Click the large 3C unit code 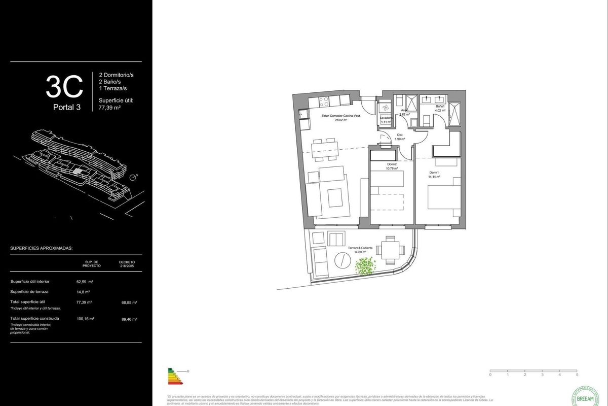pyautogui.click(x=64, y=87)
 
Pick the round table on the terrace pyautogui.click(x=342, y=262)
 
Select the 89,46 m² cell pyautogui.click(x=130, y=319)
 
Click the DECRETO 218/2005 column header pyautogui.click(x=127, y=264)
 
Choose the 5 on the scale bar pyautogui.click(x=577, y=375)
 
